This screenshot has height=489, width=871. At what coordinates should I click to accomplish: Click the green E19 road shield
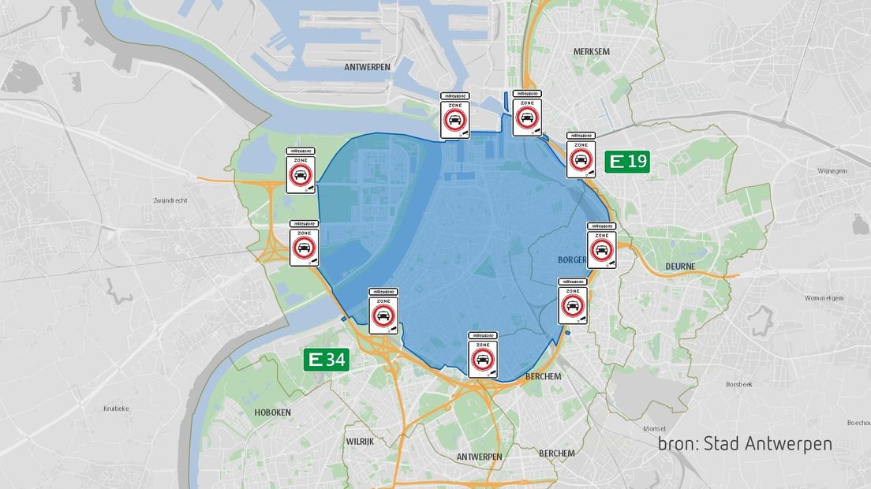click(627, 162)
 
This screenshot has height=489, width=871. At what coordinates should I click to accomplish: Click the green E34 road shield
click(326, 360)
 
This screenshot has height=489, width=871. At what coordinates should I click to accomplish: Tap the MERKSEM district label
click(592, 52)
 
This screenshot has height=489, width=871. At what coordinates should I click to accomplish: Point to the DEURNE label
click(680, 267)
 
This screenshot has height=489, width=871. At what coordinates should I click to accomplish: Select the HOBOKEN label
click(272, 412)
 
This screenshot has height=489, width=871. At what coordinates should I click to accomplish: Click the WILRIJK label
click(359, 442)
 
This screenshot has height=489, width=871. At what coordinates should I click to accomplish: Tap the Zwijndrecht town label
click(170, 200)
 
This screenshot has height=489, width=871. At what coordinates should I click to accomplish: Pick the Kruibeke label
click(116, 409)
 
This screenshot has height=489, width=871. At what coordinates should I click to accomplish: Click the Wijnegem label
click(832, 170)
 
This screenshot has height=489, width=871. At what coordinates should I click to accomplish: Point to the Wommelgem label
click(824, 298)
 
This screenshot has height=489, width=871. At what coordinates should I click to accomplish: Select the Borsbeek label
click(740, 384)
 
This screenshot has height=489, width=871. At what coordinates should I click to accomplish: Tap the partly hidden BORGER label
click(571, 259)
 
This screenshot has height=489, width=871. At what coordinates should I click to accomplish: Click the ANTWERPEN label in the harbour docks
click(367, 68)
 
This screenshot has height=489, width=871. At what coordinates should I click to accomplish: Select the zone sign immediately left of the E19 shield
click(581, 155)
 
